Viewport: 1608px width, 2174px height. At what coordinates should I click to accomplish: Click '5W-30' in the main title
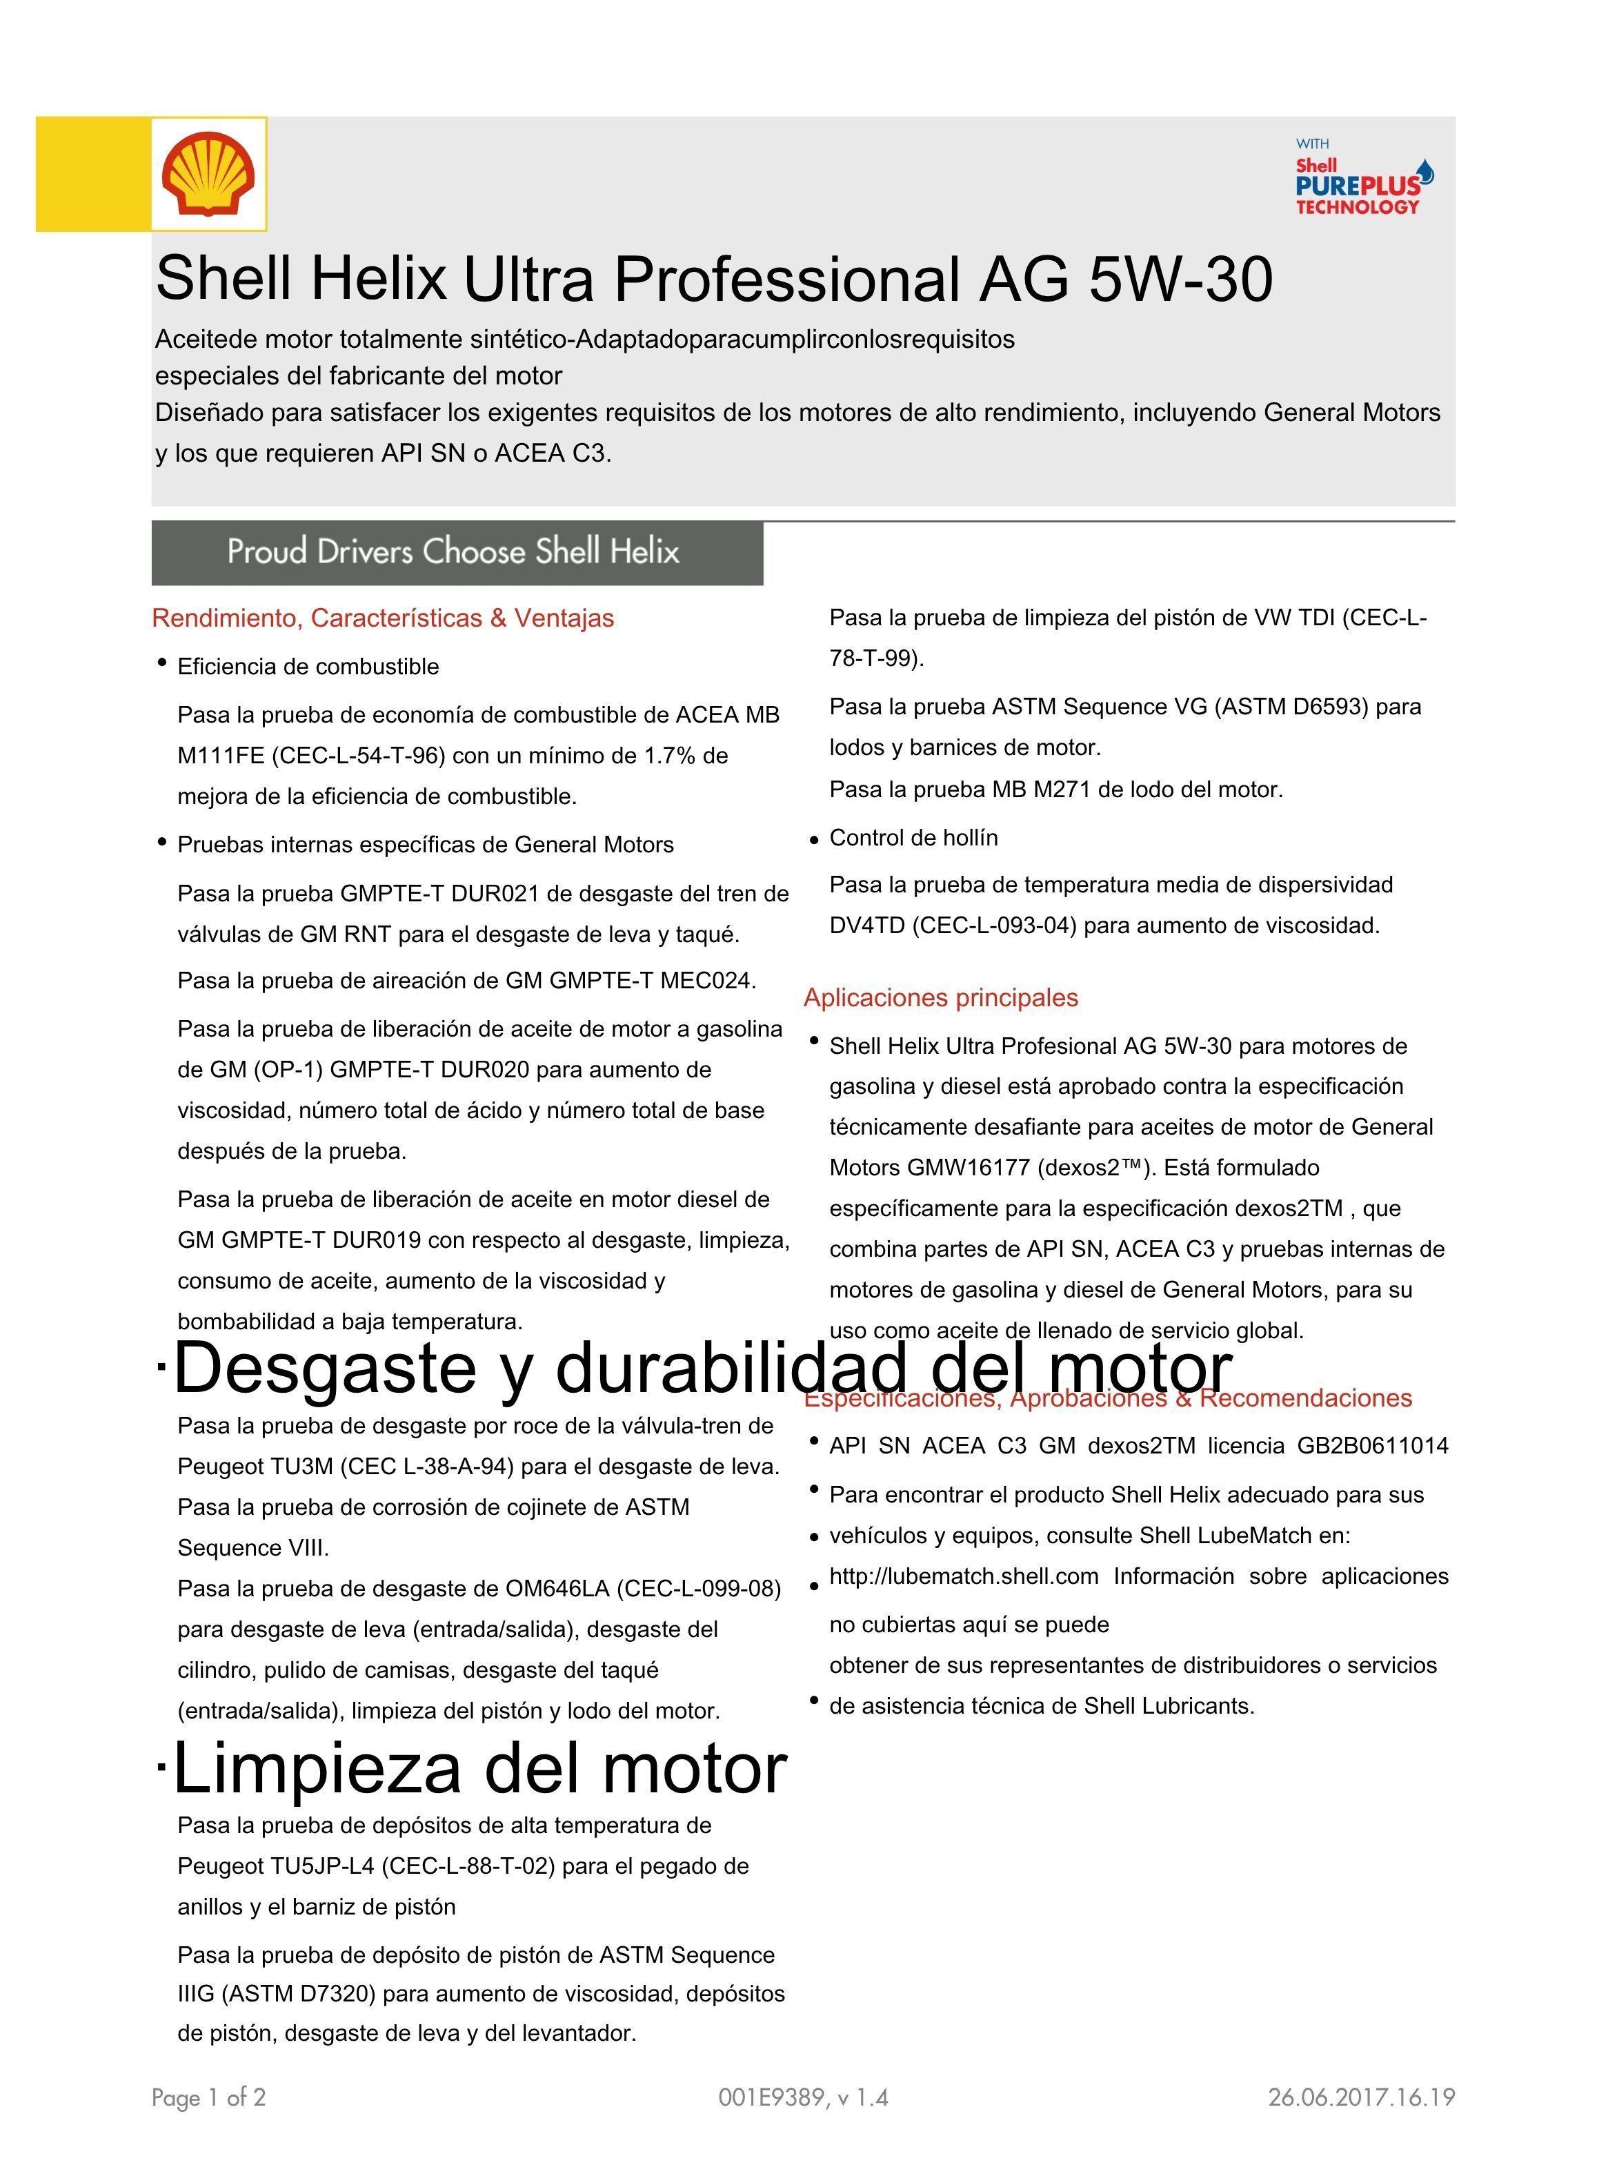[x=1180, y=280]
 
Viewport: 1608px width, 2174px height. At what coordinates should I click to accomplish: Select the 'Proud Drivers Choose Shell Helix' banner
[x=457, y=552]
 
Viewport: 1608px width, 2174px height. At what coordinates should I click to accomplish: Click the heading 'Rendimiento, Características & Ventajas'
[x=383, y=618]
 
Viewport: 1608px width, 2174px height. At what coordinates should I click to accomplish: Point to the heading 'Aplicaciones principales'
[x=940, y=998]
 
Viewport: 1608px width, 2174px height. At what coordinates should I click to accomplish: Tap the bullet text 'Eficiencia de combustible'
[x=308, y=667]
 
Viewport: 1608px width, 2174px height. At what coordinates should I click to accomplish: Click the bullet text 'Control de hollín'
[x=913, y=839]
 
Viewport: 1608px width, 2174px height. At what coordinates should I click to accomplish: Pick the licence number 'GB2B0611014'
[x=1373, y=1446]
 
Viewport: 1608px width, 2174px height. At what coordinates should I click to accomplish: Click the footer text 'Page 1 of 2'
[x=208, y=2097]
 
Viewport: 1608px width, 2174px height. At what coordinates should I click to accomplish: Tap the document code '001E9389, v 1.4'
[x=803, y=2097]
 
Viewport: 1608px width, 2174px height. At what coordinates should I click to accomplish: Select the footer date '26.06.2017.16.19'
[x=1361, y=2097]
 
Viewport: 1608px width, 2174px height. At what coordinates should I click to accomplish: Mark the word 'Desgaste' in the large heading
[x=324, y=1368]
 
